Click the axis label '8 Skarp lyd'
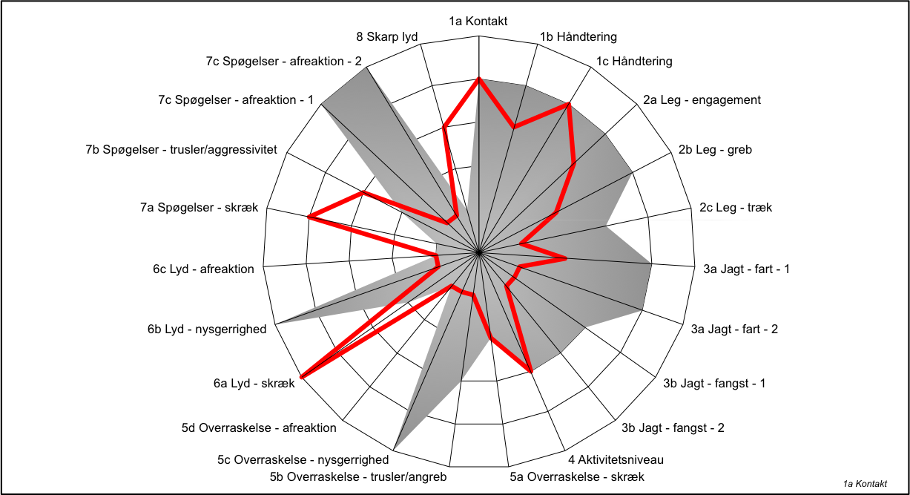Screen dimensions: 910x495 pos(386,37)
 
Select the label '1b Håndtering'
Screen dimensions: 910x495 pos(578,37)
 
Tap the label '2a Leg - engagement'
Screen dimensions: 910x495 pos(702,100)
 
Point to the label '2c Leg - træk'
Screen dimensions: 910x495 pos(735,207)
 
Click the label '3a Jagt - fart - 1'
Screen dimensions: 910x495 pos(746,269)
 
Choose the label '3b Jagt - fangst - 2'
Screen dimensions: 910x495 pos(673,428)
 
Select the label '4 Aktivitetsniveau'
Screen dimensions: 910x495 pos(616,459)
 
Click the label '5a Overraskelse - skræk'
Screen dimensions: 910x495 pos(577,476)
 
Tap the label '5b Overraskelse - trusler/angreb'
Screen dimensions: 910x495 pos(358,476)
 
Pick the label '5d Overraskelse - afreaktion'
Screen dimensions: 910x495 pos(259,428)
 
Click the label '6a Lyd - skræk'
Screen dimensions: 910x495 pos(254,383)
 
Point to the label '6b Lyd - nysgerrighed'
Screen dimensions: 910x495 pos(207,330)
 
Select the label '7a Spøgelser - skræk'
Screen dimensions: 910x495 pos(199,207)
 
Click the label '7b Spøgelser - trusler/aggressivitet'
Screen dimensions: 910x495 pos(181,150)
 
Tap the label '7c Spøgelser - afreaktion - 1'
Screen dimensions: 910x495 pos(236,100)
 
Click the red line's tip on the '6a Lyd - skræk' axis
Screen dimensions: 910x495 pos(301,378)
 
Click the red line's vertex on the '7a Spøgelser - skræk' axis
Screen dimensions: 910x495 pos(309,217)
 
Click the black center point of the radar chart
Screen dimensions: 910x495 pos(479,252)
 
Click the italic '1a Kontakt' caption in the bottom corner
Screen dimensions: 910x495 pos(865,484)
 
